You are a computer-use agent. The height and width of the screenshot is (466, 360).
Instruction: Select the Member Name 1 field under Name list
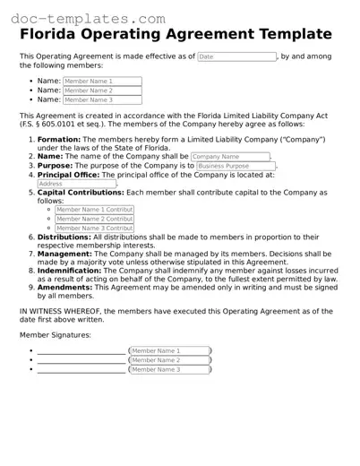[101, 81]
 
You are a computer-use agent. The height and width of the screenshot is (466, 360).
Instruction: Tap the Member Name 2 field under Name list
[101, 91]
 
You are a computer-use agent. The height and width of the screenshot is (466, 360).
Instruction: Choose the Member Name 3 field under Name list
[101, 100]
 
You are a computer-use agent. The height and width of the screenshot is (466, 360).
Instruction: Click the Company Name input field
[231, 157]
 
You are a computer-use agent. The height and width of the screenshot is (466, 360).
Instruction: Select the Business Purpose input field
[236, 167]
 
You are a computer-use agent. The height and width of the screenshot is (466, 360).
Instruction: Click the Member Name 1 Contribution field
[94, 209]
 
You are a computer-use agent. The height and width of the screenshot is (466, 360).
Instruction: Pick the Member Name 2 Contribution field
[94, 219]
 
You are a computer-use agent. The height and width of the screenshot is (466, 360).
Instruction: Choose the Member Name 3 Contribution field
[94, 229]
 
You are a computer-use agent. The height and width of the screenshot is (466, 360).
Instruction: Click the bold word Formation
[60, 140]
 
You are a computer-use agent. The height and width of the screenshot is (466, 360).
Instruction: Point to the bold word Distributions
[65, 237]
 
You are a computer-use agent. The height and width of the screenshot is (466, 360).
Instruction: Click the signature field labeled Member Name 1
[170, 350]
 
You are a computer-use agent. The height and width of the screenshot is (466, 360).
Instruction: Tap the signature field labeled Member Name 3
[170, 369]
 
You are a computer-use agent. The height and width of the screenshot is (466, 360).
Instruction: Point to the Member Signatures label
[56, 334]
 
